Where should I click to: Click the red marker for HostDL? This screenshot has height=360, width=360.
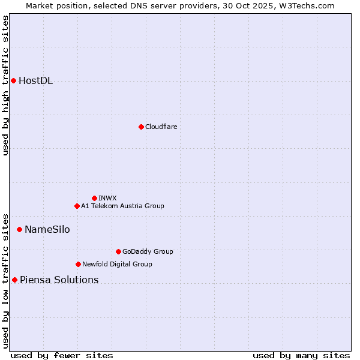tap(13, 80)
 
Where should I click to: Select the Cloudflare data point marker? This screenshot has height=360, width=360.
tap(141, 127)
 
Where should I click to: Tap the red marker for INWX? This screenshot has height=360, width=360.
tap(94, 198)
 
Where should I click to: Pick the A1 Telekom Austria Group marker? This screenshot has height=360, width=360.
tap(77, 206)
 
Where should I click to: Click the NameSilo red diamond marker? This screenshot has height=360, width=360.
tap(19, 229)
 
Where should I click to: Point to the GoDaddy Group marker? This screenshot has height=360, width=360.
tap(118, 251)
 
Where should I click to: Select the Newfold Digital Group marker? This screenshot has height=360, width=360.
tap(78, 264)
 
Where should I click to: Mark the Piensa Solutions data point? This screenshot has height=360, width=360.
tap(14, 280)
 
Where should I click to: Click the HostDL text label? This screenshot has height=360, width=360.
tap(35, 81)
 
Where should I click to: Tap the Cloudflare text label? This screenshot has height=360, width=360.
tap(161, 127)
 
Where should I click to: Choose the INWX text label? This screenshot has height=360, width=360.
tap(107, 198)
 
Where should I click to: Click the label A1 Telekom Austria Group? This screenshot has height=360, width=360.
tap(122, 206)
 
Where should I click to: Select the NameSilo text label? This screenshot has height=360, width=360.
tap(47, 230)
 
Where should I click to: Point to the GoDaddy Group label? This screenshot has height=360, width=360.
tap(148, 251)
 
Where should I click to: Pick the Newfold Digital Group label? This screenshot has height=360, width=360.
tap(117, 264)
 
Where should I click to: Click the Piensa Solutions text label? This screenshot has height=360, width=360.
tap(59, 280)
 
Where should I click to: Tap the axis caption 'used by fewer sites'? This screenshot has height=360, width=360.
tap(62, 355)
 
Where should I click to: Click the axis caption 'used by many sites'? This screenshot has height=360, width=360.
tap(301, 355)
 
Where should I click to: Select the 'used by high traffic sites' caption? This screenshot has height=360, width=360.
tap(5, 85)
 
